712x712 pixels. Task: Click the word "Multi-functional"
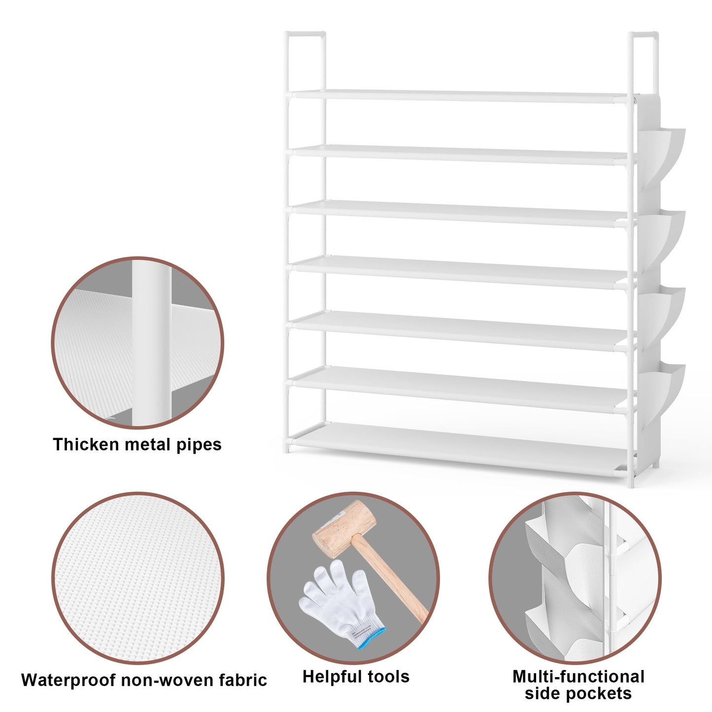pos(578,677)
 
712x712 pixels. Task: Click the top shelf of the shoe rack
pos(461,96)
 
